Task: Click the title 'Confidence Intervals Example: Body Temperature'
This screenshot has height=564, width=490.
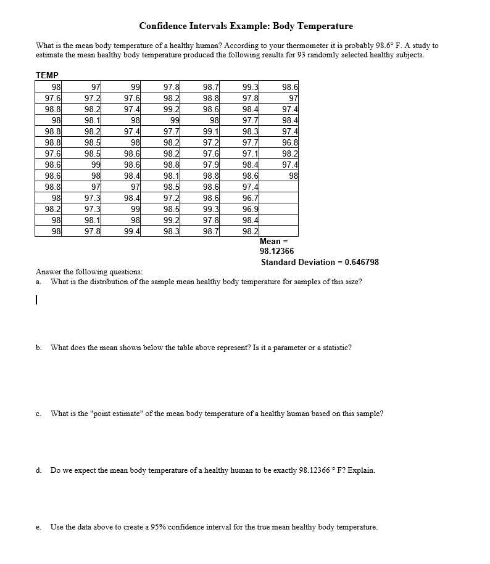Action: coord(246,26)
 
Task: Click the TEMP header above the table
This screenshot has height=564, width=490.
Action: coord(47,75)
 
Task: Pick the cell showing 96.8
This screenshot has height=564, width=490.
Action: coord(289,142)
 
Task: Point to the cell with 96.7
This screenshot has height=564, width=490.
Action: coord(251,198)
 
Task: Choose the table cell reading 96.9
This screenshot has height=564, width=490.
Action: coord(251,209)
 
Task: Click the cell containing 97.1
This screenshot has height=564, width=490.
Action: coord(251,153)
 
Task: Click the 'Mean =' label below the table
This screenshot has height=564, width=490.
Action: coord(270,241)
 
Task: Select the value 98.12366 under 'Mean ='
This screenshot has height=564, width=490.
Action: coord(277,251)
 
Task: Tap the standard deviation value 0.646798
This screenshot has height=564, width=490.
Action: coord(362,262)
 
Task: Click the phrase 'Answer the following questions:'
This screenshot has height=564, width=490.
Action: coord(89,272)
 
